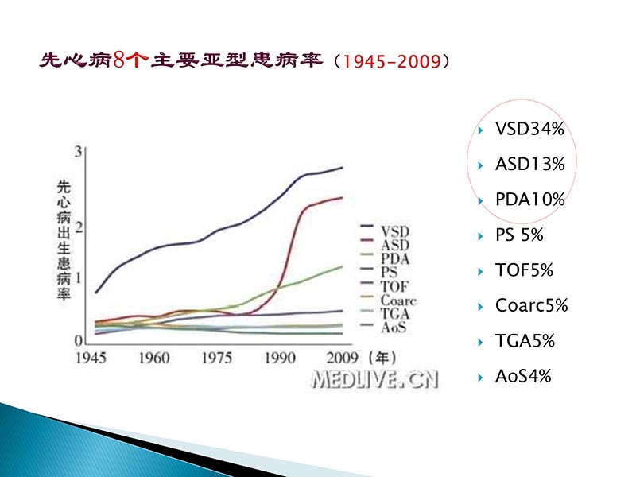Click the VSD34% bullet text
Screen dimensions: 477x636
point(529,130)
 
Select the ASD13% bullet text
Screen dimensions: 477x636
point(529,165)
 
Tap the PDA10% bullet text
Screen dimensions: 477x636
point(529,200)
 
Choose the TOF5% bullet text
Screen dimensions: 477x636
point(523,270)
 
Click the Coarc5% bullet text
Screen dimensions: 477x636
point(531,306)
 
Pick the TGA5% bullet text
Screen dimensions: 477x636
point(525,341)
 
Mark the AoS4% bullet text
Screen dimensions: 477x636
point(522,376)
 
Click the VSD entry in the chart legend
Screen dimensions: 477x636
point(395,231)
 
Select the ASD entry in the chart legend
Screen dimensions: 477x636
point(395,246)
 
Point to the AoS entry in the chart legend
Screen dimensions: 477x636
point(394,327)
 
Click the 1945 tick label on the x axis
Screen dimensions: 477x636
point(93,358)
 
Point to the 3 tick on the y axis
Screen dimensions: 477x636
point(79,152)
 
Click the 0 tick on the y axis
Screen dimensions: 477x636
point(79,340)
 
